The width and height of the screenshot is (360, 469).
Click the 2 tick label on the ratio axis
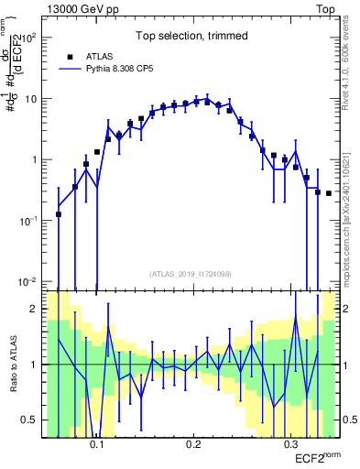pyautogui.click(x=35, y=309)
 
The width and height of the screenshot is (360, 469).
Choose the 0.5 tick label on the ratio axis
pyautogui.click(x=30, y=420)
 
